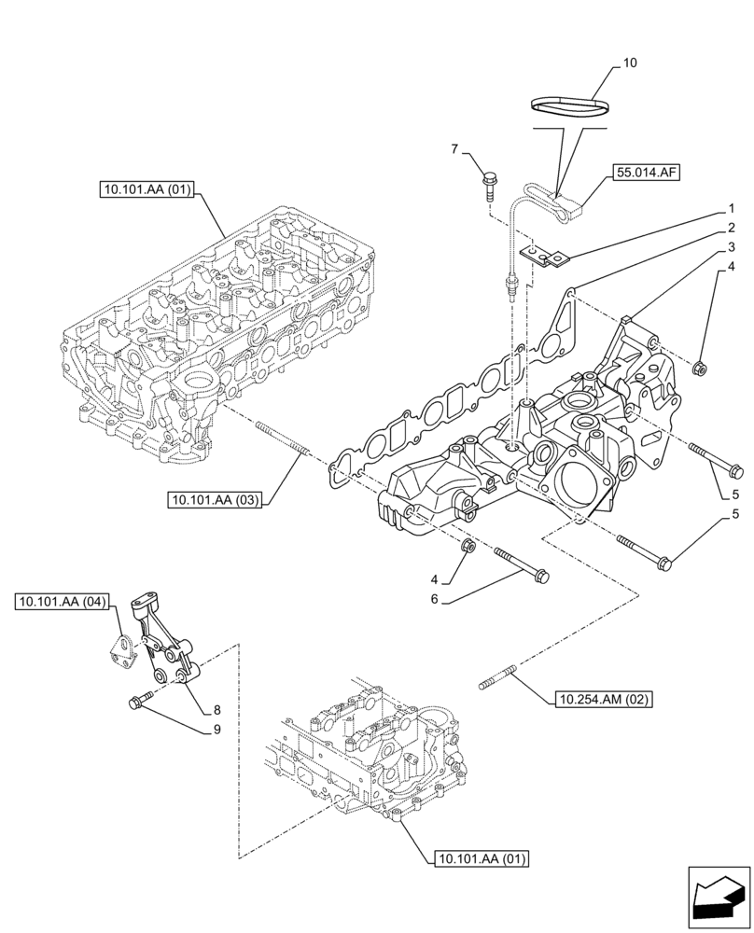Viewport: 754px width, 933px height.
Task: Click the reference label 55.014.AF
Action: click(x=646, y=173)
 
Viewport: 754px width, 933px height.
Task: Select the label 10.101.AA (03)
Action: click(x=215, y=501)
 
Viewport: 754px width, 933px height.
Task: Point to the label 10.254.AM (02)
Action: click(x=604, y=698)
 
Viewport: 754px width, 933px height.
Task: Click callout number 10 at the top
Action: click(x=630, y=63)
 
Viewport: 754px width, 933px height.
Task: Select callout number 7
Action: click(x=455, y=149)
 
